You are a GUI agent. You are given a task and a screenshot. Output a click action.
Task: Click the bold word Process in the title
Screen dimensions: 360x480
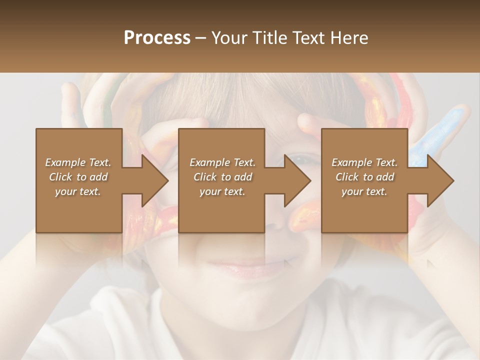tap(157, 38)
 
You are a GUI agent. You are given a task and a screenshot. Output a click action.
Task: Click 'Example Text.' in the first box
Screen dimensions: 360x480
tap(78, 162)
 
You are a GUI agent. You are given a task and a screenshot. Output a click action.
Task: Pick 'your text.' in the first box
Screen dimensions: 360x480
tap(78, 191)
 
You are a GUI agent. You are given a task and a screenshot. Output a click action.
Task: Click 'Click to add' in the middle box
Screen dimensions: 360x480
tap(222, 177)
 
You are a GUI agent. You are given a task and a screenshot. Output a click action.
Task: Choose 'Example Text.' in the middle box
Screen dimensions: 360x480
tap(222, 162)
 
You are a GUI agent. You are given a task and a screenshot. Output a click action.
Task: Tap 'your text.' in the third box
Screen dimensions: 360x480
tap(364, 191)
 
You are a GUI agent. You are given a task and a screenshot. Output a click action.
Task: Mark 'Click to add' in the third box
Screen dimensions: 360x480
tap(364, 177)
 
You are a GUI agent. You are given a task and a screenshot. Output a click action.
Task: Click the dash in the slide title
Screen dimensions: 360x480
tap(201, 38)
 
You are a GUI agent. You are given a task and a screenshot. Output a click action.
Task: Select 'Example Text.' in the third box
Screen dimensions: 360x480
tap(364, 162)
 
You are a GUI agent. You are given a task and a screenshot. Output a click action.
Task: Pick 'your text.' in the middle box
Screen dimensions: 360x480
tap(222, 191)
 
